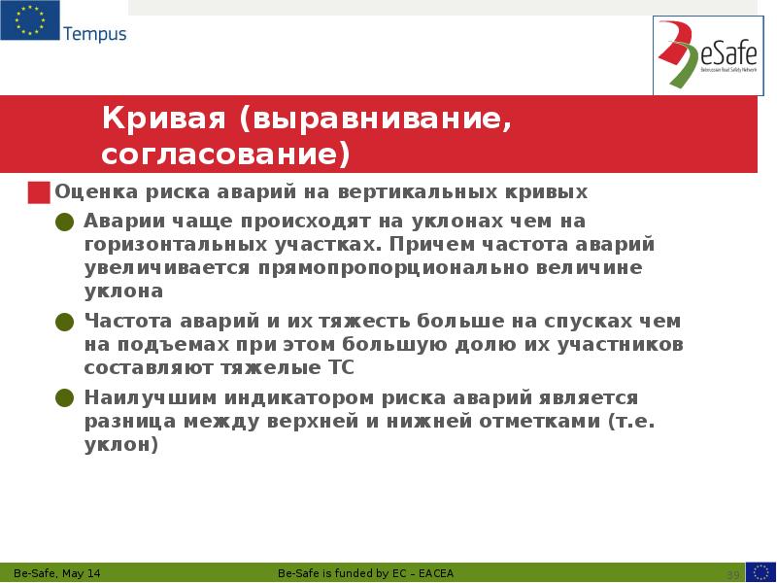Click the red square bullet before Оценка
[x=38, y=192]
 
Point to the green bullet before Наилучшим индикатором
[x=65, y=397]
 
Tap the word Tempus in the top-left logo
[x=94, y=34]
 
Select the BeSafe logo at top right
[x=707, y=55]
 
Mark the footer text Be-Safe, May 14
[x=56, y=572]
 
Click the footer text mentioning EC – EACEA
[x=371, y=572]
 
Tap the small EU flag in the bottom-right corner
[x=760, y=571]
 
